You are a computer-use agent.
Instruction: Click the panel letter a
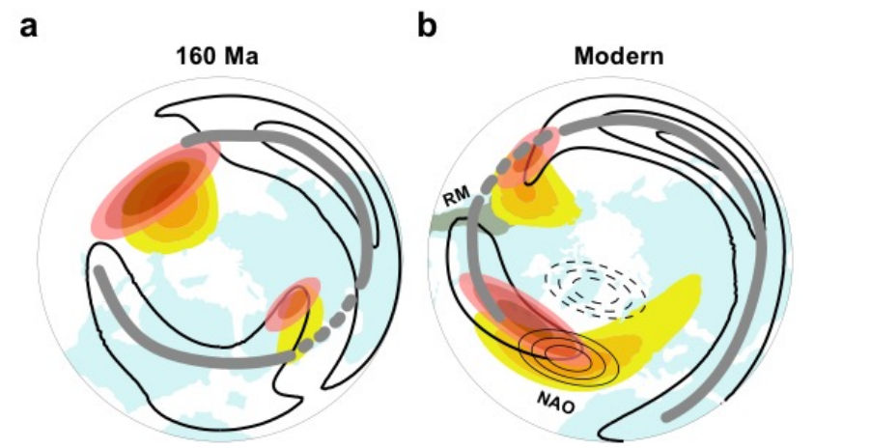(x=28, y=27)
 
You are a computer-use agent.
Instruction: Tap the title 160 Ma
(x=217, y=56)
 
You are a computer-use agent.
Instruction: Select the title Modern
(x=618, y=56)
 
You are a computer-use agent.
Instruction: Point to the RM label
(x=456, y=197)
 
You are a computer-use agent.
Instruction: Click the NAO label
(x=555, y=402)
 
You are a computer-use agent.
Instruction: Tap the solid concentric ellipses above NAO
(x=569, y=356)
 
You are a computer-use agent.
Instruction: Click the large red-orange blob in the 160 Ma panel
(x=155, y=188)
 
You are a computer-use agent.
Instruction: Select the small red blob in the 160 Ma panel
(x=293, y=305)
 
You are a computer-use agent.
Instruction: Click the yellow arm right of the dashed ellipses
(x=661, y=311)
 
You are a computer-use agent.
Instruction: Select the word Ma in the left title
(x=241, y=56)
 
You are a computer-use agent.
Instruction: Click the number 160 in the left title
(x=197, y=56)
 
